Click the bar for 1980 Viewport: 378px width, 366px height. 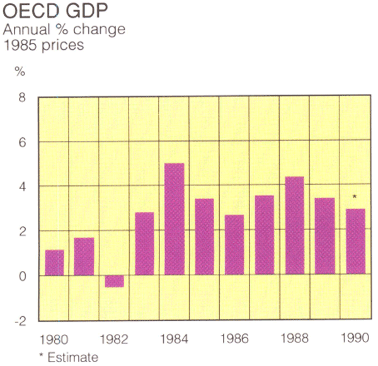pos(54,262)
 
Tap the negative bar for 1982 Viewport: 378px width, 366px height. pos(114,281)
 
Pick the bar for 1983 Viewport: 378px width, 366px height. pos(144,243)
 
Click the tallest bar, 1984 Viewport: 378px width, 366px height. pos(174,219)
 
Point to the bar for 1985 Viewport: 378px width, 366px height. pos(204,236)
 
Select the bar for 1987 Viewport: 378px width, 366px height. pos(264,235)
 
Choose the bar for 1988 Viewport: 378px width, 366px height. pos(294,226)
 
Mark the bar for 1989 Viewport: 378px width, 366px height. pos(324,236)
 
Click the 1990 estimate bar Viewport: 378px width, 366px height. pos(355,241)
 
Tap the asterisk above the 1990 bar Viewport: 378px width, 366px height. pos(355,198)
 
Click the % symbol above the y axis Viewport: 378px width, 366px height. pos(20,71)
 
